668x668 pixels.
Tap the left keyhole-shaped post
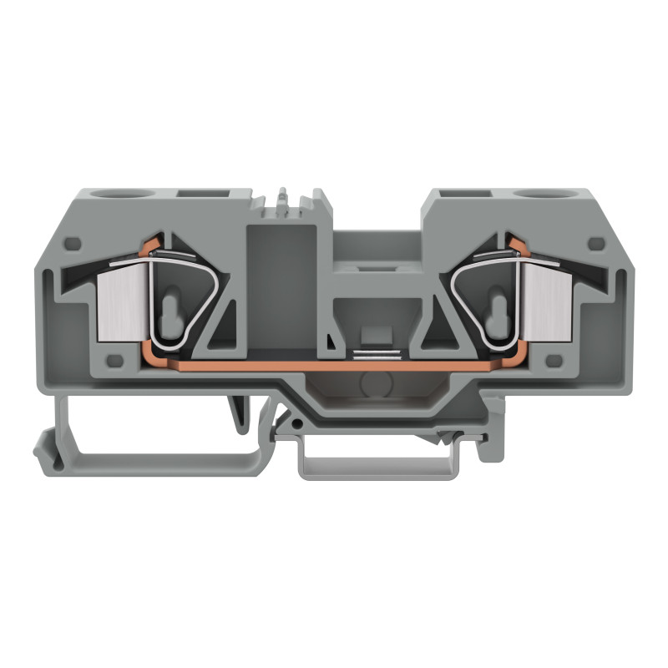(172, 309)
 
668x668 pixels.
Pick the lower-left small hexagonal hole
(116, 361)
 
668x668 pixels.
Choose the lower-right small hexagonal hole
(553, 361)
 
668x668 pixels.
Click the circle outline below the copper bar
(374, 385)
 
